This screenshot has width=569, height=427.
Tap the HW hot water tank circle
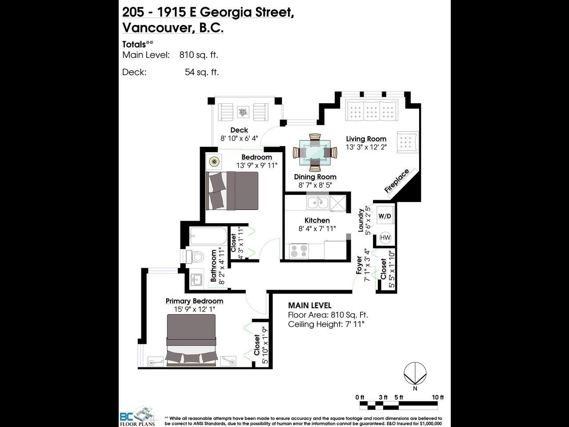coord(385,238)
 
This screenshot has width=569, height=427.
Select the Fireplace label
coord(397,181)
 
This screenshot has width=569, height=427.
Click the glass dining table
coord(315,153)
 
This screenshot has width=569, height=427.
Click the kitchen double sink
coord(318,202)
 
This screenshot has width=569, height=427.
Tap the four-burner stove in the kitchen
coord(299,251)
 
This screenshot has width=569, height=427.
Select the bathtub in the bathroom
coord(208,236)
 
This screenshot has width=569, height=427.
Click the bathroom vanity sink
coord(196,279)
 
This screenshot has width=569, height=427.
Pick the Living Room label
coord(366,139)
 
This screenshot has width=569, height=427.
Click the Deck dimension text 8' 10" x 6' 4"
coord(239,138)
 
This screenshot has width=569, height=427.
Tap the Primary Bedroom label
coord(194,301)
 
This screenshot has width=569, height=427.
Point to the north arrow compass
coord(415,374)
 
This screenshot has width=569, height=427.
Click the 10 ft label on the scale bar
coord(438,397)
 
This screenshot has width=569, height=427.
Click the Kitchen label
coord(317,220)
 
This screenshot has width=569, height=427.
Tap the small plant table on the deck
coord(243,112)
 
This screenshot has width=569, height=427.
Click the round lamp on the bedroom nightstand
coord(214,162)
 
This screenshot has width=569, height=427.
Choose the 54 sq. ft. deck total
coord(202,72)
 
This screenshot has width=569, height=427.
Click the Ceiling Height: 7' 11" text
coord(326,324)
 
